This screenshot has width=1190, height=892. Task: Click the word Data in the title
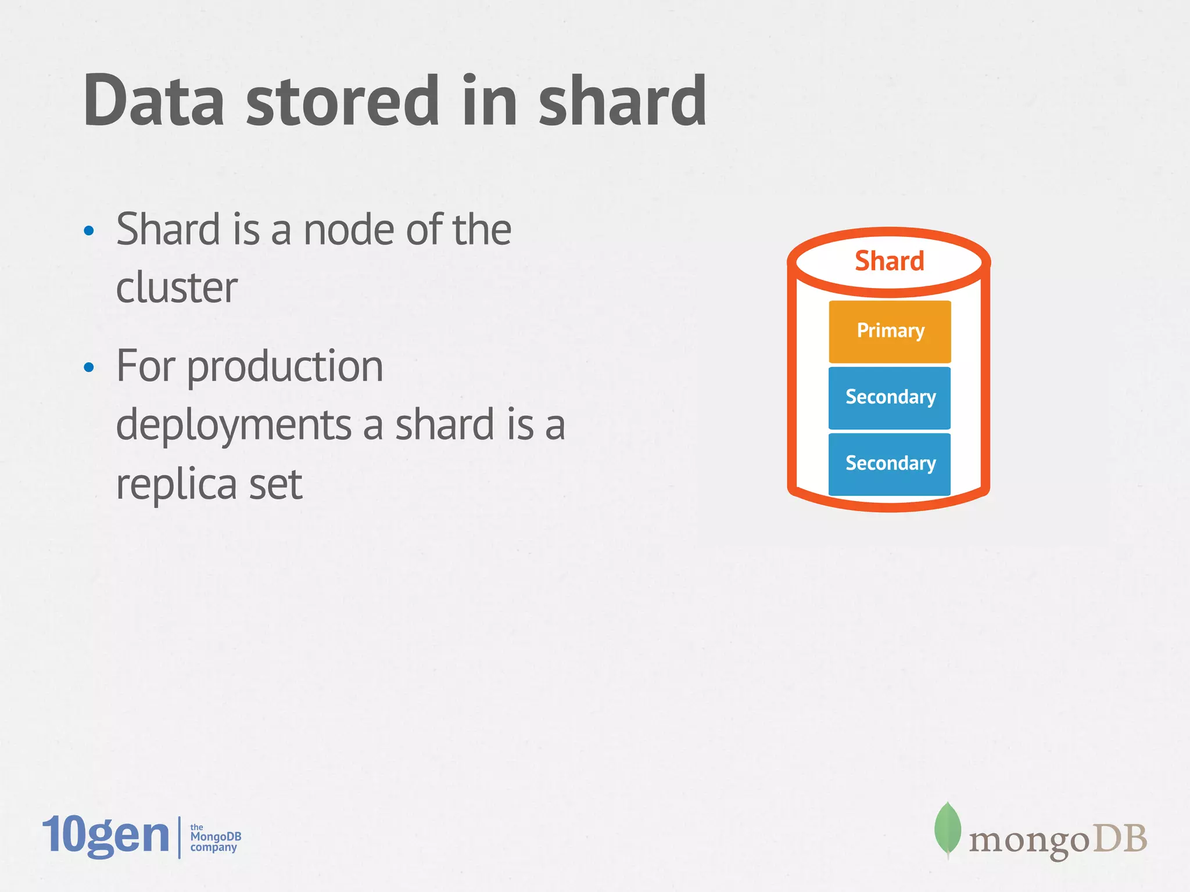[x=153, y=101]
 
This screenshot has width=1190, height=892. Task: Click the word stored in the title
[x=342, y=101]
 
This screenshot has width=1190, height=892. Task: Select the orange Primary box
[x=890, y=332]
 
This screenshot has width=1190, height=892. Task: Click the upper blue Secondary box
[x=890, y=398]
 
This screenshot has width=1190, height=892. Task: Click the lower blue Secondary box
[x=890, y=464]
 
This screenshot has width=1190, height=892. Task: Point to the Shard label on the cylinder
[x=889, y=261]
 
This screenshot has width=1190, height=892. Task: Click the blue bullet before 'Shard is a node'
[x=89, y=231]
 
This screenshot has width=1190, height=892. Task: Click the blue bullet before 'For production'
[x=89, y=367]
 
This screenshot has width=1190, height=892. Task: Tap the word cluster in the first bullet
[x=177, y=287]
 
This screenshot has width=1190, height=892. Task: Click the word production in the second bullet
[x=285, y=367]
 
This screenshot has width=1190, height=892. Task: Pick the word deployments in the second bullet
[x=234, y=425]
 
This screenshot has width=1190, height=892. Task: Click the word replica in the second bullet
[x=176, y=484]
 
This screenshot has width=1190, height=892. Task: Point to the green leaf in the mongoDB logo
[x=947, y=829]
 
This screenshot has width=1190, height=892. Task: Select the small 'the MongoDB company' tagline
[x=215, y=837]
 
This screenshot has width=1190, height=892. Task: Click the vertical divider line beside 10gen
[x=180, y=837]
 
